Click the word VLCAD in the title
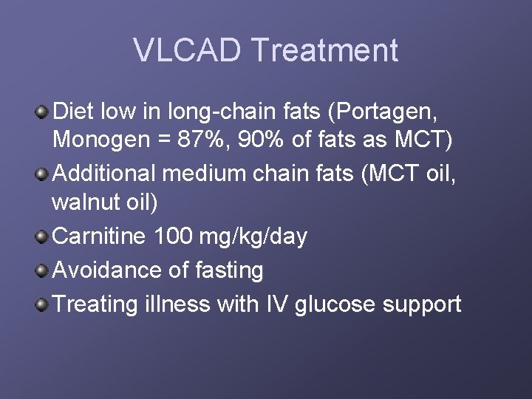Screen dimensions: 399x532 (x=187, y=50)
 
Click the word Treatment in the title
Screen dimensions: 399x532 (x=324, y=50)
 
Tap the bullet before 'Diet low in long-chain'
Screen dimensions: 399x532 (x=43, y=112)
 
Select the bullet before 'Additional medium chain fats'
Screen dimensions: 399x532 (x=43, y=174)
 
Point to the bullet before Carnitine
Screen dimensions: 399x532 (x=43, y=236)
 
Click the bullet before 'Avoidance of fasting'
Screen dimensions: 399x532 (x=43, y=270)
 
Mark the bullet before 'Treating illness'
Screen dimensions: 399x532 (x=43, y=303)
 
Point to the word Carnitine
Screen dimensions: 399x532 (x=99, y=236)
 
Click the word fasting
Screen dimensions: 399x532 (x=228, y=270)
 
